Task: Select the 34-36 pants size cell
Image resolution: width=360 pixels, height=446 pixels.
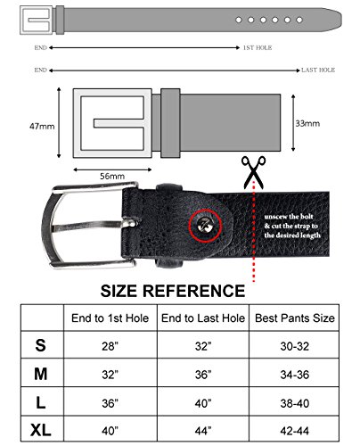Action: tap(295, 373)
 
